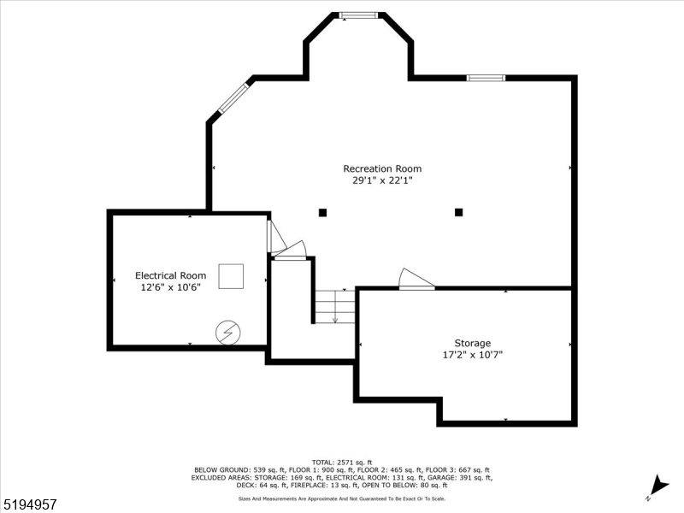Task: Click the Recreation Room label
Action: point(382,168)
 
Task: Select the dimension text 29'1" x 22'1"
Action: point(382,180)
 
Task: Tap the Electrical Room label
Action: point(171,275)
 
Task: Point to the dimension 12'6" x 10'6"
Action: point(171,287)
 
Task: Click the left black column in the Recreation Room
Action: point(322,212)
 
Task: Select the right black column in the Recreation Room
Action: point(459,212)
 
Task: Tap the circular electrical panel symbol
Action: point(227,332)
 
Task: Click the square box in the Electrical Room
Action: point(231,276)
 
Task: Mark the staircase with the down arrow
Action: point(334,307)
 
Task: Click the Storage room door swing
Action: point(416,280)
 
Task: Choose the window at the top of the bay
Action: point(358,15)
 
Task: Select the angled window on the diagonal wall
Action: point(233,98)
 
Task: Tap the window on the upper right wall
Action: point(486,78)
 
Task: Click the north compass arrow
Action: point(657,484)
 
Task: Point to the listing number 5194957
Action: point(30,505)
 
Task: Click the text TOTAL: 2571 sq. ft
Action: point(342,462)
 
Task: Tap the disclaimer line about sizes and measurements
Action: point(342,498)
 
